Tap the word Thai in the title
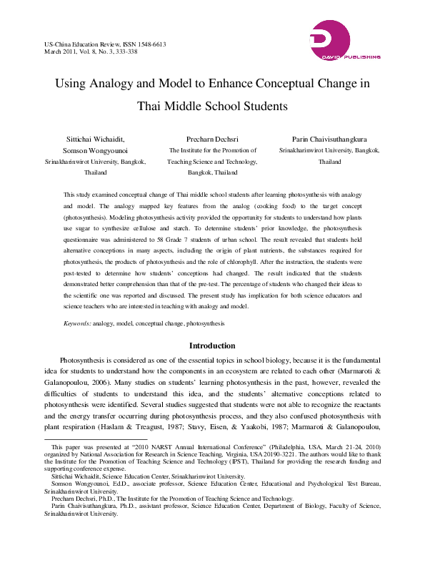[152, 107]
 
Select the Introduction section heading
[212, 346]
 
